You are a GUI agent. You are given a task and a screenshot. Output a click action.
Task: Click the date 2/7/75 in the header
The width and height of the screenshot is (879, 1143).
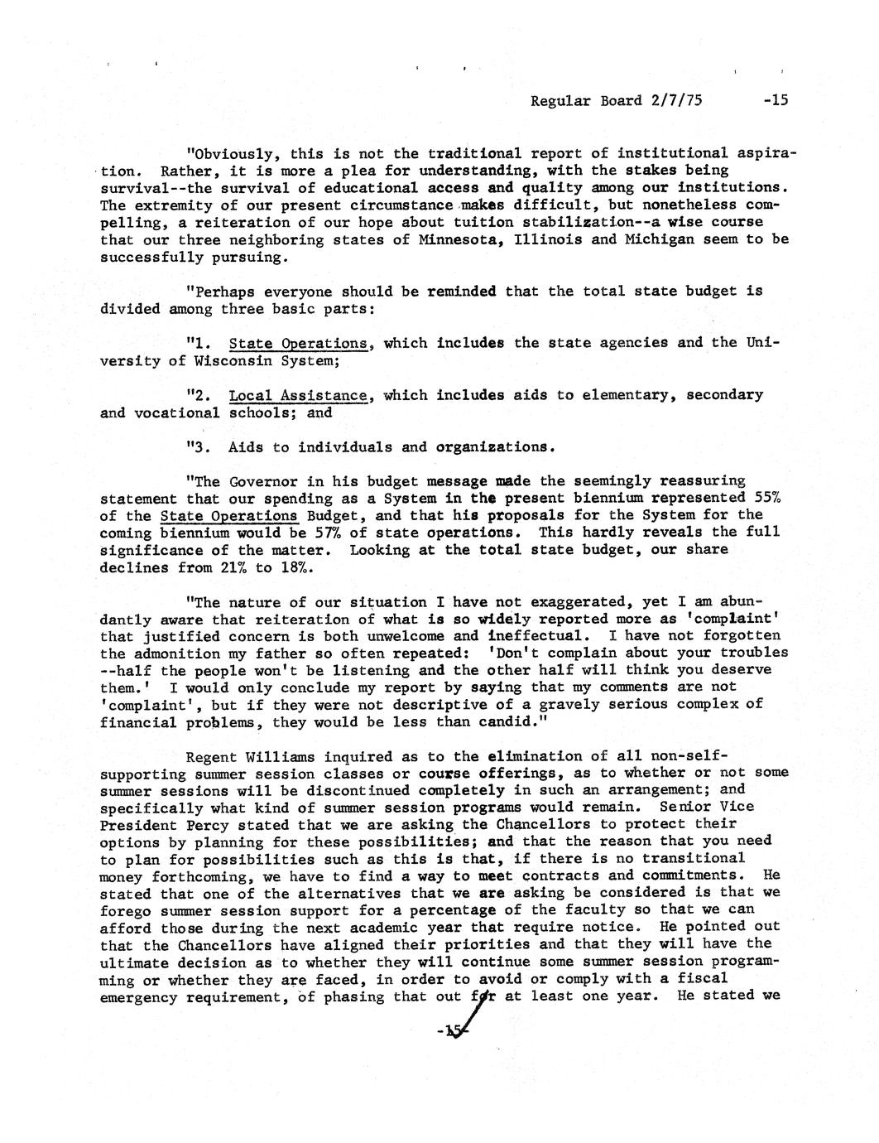tap(676, 100)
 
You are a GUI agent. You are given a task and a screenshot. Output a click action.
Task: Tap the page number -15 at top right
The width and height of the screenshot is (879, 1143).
tap(776, 100)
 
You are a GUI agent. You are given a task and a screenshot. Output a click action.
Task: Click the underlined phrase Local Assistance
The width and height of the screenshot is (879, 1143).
tap(297, 395)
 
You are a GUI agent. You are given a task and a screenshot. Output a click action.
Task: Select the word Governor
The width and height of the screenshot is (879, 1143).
tap(262, 481)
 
